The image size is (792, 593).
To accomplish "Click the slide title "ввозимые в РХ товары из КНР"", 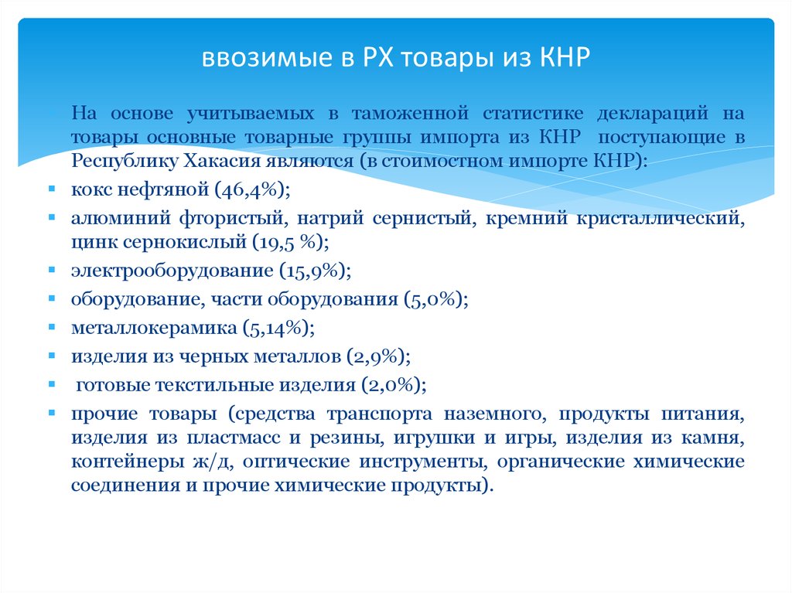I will click(x=395, y=59).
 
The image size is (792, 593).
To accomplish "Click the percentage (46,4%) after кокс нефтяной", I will click(x=252, y=189).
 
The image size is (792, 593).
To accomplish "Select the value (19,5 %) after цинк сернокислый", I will click(x=289, y=242).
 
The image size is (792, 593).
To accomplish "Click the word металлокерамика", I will click(x=154, y=328).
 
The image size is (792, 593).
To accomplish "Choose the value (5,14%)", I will click(x=278, y=328).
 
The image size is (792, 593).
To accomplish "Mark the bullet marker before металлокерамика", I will click(x=51, y=329).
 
